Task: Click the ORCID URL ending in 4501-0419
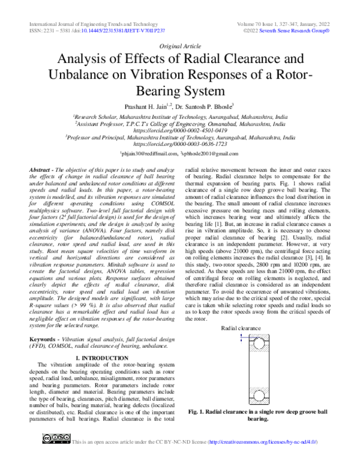[x=180, y=130]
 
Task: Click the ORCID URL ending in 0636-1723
[x=180, y=144]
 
